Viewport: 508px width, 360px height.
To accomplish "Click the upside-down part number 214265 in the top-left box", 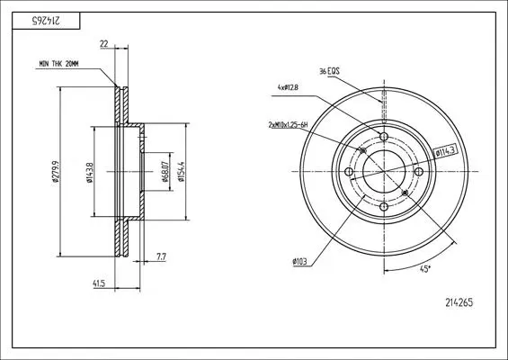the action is tap(46, 21).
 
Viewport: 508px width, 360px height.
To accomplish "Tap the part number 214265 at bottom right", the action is tap(459, 302).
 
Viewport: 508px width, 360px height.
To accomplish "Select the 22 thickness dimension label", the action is tap(104, 44).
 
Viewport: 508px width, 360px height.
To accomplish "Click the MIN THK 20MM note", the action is tap(58, 64).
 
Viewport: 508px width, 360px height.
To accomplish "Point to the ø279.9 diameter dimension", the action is tap(55, 173).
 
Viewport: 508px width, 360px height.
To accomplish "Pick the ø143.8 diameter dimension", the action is tap(90, 172).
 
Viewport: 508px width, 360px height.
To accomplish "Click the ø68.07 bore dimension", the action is tap(165, 171).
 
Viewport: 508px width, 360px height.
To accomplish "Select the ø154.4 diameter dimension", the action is tap(182, 171).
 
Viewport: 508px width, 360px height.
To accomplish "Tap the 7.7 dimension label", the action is tap(161, 256).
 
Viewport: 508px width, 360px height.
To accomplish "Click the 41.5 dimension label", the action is tap(99, 283).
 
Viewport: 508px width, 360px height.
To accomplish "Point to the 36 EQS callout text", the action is tap(329, 71).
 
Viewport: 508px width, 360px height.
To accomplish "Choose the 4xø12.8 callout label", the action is tap(288, 87).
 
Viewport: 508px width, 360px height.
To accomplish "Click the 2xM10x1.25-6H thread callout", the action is tap(288, 124).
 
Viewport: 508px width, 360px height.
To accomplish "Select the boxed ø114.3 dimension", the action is tap(445, 151).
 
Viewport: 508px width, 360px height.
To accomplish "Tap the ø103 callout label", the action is tap(299, 261).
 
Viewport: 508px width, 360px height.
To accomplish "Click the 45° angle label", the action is tap(424, 269).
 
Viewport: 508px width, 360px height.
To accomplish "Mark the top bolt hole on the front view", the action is tap(384, 136).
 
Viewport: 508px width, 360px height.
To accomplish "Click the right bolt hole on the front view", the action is tap(419, 172).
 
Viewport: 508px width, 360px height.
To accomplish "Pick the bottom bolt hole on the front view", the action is tap(384, 207).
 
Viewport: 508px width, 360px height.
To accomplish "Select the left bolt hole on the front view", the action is tap(349, 172).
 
